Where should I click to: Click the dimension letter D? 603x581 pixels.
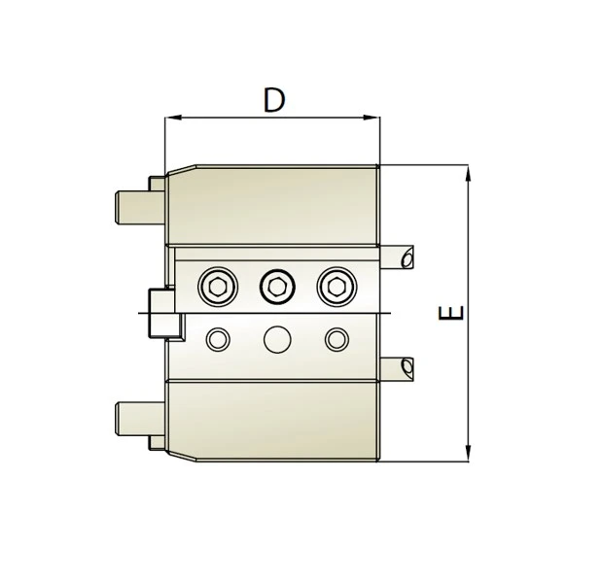pos(275,100)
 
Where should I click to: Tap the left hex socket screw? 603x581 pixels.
pos(218,287)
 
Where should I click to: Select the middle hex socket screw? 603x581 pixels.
pos(277,287)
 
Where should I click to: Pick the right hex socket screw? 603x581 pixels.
pos(337,287)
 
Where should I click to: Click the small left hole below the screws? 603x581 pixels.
pos(218,339)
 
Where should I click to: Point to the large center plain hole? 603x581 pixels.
pos(277,339)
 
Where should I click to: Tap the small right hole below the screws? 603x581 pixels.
pos(337,339)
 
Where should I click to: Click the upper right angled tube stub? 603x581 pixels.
pos(400,256)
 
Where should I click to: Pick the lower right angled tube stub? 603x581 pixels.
pos(400,367)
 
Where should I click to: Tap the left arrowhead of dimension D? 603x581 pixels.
pos(171,120)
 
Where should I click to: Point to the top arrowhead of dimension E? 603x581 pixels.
pos(470,172)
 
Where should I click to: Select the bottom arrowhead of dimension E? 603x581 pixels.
pos(470,453)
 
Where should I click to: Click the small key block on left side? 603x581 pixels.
pos(161,313)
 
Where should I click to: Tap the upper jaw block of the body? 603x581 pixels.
pos(272,204)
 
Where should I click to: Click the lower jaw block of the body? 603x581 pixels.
pos(272,420)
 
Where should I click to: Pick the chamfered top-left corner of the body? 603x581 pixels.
pos(181,171)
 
